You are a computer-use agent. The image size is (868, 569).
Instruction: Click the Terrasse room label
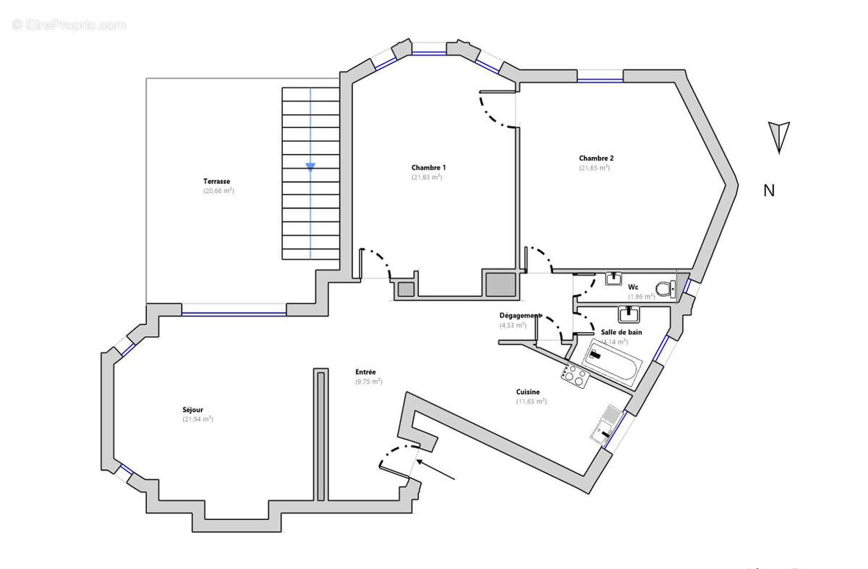pyautogui.click(x=216, y=181)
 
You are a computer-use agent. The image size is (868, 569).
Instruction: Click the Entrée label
pyautogui.click(x=365, y=371)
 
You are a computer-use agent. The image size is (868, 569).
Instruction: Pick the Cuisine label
pyautogui.click(x=527, y=392)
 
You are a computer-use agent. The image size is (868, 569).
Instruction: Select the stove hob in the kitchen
pyautogui.click(x=575, y=374)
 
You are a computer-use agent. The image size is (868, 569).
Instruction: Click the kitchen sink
pyautogui.click(x=606, y=424)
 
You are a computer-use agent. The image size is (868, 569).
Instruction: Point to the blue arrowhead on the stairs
pyautogui.click(x=310, y=167)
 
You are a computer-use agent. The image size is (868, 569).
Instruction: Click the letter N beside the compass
pyautogui.click(x=770, y=190)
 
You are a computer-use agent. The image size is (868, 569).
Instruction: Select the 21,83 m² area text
pyautogui.click(x=427, y=177)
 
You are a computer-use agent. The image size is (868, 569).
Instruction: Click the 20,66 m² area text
pyautogui.click(x=218, y=190)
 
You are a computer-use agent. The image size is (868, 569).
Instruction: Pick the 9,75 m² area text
pyautogui.click(x=368, y=382)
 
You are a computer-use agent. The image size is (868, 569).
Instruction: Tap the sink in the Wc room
pyautogui.click(x=615, y=279)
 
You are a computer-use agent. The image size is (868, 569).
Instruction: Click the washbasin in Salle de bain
pyautogui.click(x=628, y=314)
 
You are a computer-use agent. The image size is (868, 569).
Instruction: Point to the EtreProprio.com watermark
pyautogui.click(x=69, y=25)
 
